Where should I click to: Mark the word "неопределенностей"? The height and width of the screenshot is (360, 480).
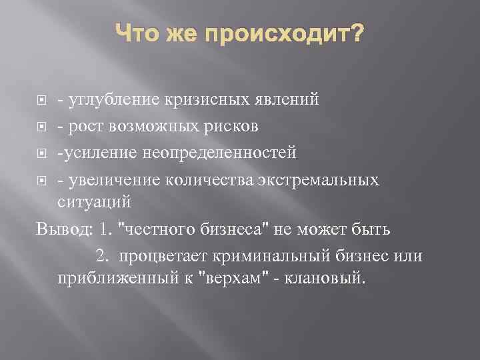229,154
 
